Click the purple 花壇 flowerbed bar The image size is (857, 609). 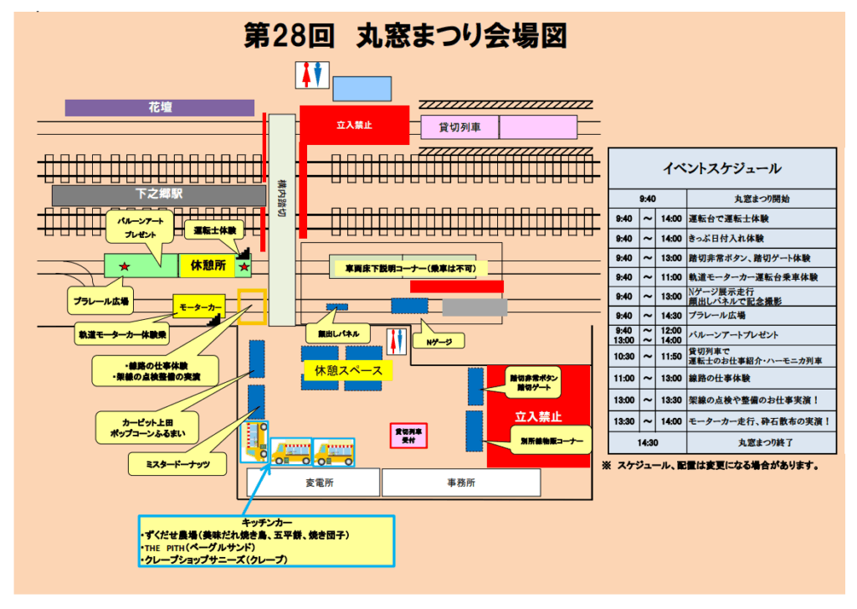coord(159,108)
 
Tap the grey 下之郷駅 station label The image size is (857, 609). coord(159,194)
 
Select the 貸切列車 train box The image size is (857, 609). coord(459,127)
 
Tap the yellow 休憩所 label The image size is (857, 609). coord(208,266)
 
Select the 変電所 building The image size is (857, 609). coord(314,483)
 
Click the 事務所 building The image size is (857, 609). coord(460,483)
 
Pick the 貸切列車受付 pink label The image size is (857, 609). coord(411,436)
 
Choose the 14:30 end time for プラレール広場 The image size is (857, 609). coord(671,315)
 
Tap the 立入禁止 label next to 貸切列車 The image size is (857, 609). coord(354,125)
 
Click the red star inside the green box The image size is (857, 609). coord(125,266)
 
